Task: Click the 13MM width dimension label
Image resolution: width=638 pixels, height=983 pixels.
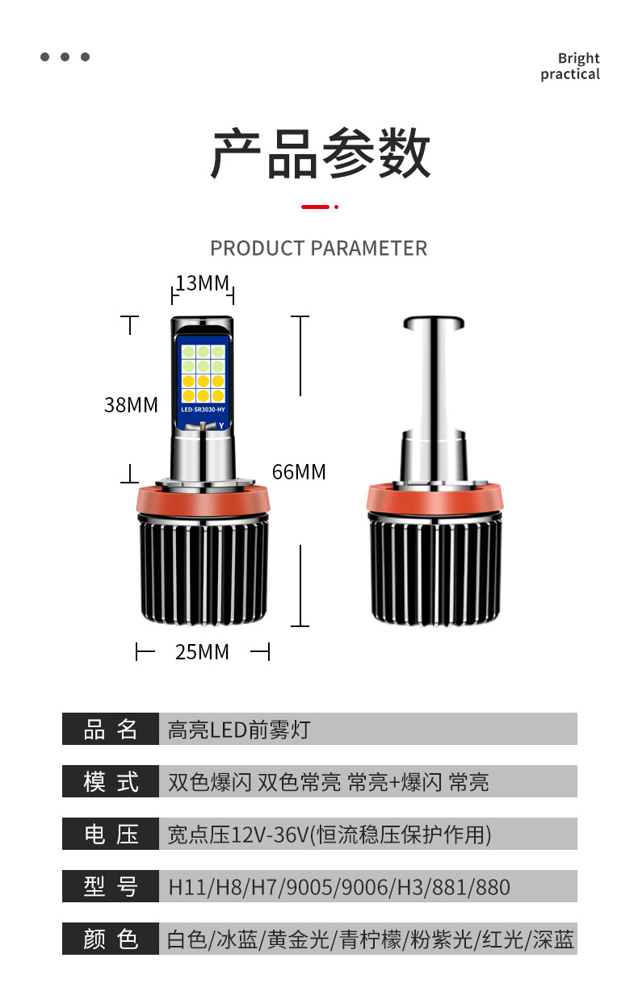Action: pos(203,283)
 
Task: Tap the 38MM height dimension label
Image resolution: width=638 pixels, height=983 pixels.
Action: pos(131,404)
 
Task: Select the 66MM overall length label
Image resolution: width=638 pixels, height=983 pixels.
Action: pos(299,471)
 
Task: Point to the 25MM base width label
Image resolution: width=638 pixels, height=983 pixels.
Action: pos(202,651)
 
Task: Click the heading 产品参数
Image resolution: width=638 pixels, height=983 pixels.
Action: pos(320,153)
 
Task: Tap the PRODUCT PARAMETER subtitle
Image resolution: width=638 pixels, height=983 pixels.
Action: pos(318,248)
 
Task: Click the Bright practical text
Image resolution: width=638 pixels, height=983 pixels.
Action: pos(570,66)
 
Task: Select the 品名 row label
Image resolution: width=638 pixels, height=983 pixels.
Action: pos(111,729)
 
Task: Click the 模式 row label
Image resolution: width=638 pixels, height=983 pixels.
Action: pos(111,781)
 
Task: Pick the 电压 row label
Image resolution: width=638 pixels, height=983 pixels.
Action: pos(111,834)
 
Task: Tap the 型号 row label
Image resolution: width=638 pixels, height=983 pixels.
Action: pos(111,886)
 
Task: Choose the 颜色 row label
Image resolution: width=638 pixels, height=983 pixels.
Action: pos(111,939)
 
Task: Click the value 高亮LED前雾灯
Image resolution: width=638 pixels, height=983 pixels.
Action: pos(238,730)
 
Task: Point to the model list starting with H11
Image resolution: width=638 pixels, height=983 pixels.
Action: pos(339,887)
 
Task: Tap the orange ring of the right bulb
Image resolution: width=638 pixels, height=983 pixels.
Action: pos(436,500)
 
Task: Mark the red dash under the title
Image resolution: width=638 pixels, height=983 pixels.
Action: pos(316,207)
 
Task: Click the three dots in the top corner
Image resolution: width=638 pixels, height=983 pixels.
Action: pos(65,56)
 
